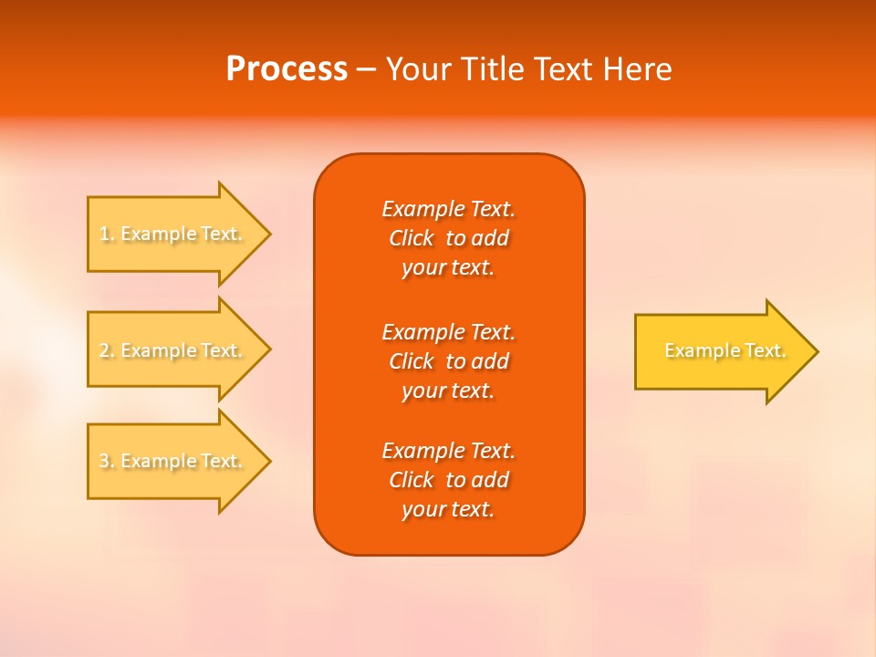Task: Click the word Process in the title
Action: pyautogui.click(x=287, y=69)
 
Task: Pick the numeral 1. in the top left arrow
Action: pyautogui.click(x=107, y=235)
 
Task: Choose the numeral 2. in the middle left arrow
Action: pyautogui.click(x=107, y=350)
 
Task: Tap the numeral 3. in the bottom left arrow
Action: pyautogui.click(x=107, y=462)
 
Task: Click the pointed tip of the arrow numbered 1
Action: pyautogui.click(x=269, y=234)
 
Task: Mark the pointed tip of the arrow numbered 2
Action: pyautogui.click(x=269, y=349)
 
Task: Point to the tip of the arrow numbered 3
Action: pyautogui.click(x=269, y=461)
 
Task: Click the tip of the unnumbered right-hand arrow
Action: pyautogui.click(x=817, y=351)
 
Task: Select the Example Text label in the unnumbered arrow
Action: pyautogui.click(x=725, y=350)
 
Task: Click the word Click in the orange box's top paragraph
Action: pyautogui.click(x=411, y=239)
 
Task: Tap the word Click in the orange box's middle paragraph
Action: pyautogui.click(x=411, y=362)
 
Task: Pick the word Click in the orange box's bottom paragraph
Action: pyautogui.click(x=411, y=481)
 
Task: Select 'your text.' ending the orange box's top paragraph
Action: pyautogui.click(x=448, y=268)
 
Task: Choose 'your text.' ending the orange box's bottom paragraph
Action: pyautogui.click(x=448, y=510)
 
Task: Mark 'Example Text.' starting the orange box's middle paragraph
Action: pyautogui.click(x=448, y=332)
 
